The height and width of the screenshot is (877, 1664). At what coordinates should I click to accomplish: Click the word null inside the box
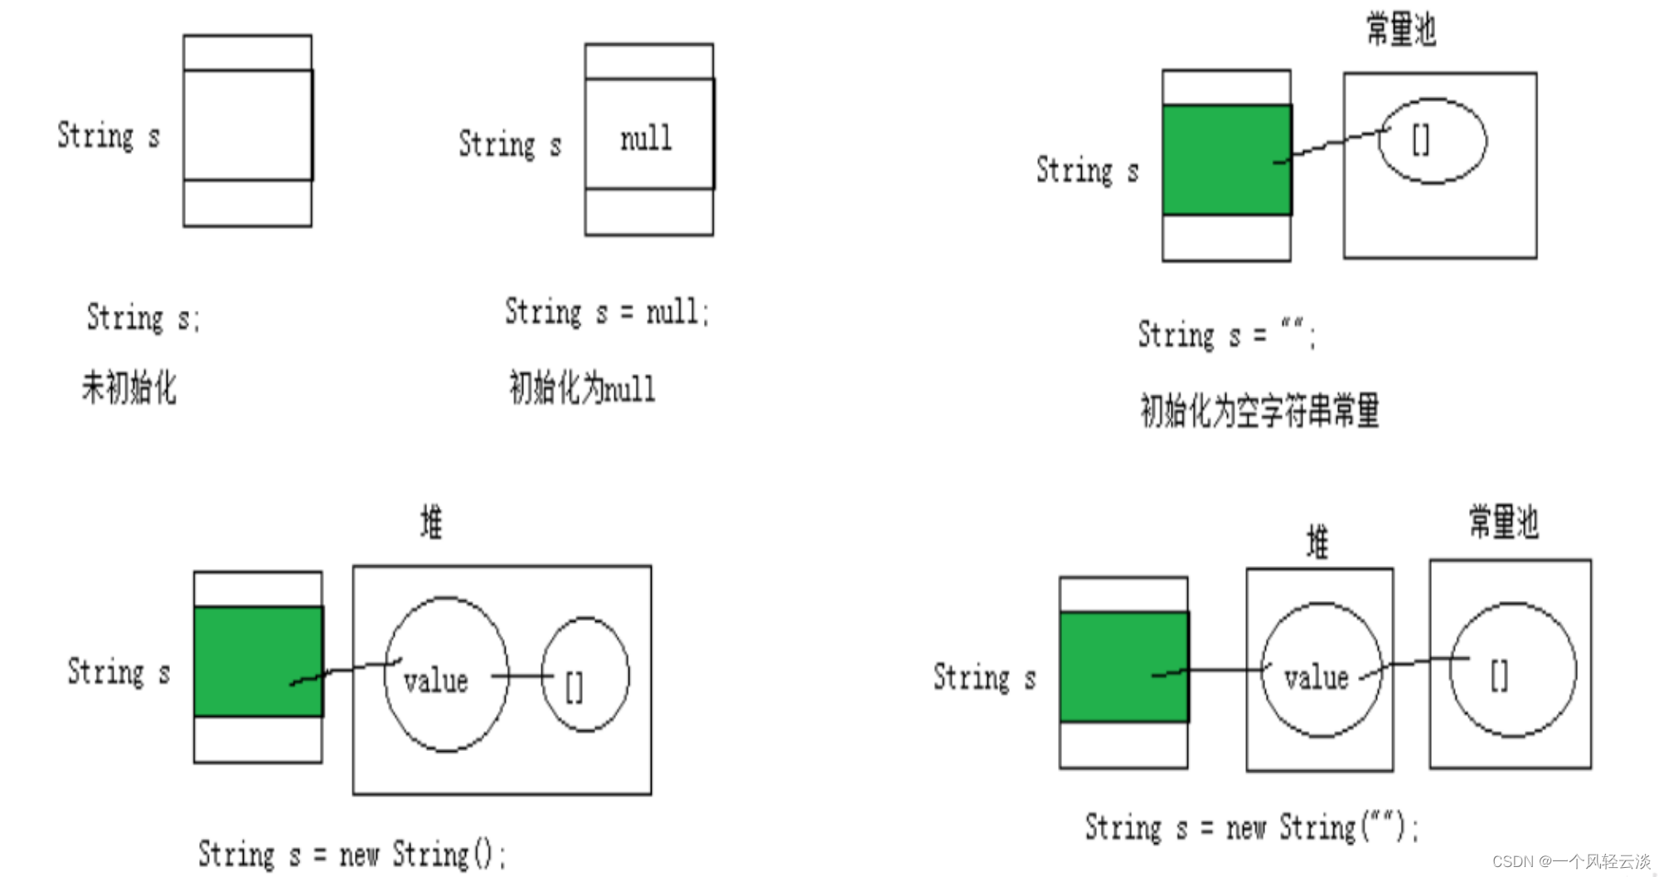646,138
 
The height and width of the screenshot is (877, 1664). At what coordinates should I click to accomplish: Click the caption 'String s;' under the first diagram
143,317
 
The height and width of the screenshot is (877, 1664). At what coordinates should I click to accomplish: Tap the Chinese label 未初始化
129,387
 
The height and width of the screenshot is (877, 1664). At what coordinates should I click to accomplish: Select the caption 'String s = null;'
607,313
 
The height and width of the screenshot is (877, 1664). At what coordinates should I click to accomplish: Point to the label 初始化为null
581,388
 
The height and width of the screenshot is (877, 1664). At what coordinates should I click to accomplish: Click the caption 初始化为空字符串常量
1259,411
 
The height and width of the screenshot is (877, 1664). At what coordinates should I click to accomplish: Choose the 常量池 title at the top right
1400,30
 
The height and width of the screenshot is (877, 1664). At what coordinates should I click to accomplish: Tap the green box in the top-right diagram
1225,160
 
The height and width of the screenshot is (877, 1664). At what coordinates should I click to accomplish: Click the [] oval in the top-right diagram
1432,141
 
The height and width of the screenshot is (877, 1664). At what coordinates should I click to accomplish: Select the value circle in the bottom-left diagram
445,674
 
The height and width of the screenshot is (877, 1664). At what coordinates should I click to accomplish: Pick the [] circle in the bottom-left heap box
585,675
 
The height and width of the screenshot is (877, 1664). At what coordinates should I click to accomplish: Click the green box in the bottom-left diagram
257,661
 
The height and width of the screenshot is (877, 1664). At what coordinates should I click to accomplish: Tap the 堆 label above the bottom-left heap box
431,523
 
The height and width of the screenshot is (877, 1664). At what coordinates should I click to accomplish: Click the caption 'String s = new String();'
352,855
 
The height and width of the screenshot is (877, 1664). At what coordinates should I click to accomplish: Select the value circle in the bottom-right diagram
1321,670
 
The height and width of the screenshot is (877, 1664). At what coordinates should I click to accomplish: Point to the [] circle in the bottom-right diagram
1512,670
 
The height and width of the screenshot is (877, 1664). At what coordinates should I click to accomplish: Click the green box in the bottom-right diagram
1123,667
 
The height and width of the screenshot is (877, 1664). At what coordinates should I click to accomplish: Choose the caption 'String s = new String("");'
1251,827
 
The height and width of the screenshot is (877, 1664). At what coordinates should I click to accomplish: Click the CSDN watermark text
1571,861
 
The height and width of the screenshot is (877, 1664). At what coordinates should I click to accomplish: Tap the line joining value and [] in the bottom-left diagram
522,676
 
